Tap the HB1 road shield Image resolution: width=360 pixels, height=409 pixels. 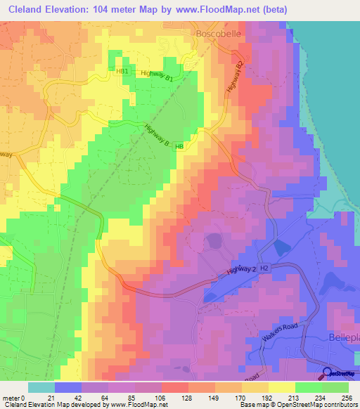tap(122, 72)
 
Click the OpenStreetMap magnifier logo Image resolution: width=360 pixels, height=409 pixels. tap(328, 374)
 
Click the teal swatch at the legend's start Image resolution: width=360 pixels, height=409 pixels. tap(41, 387)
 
